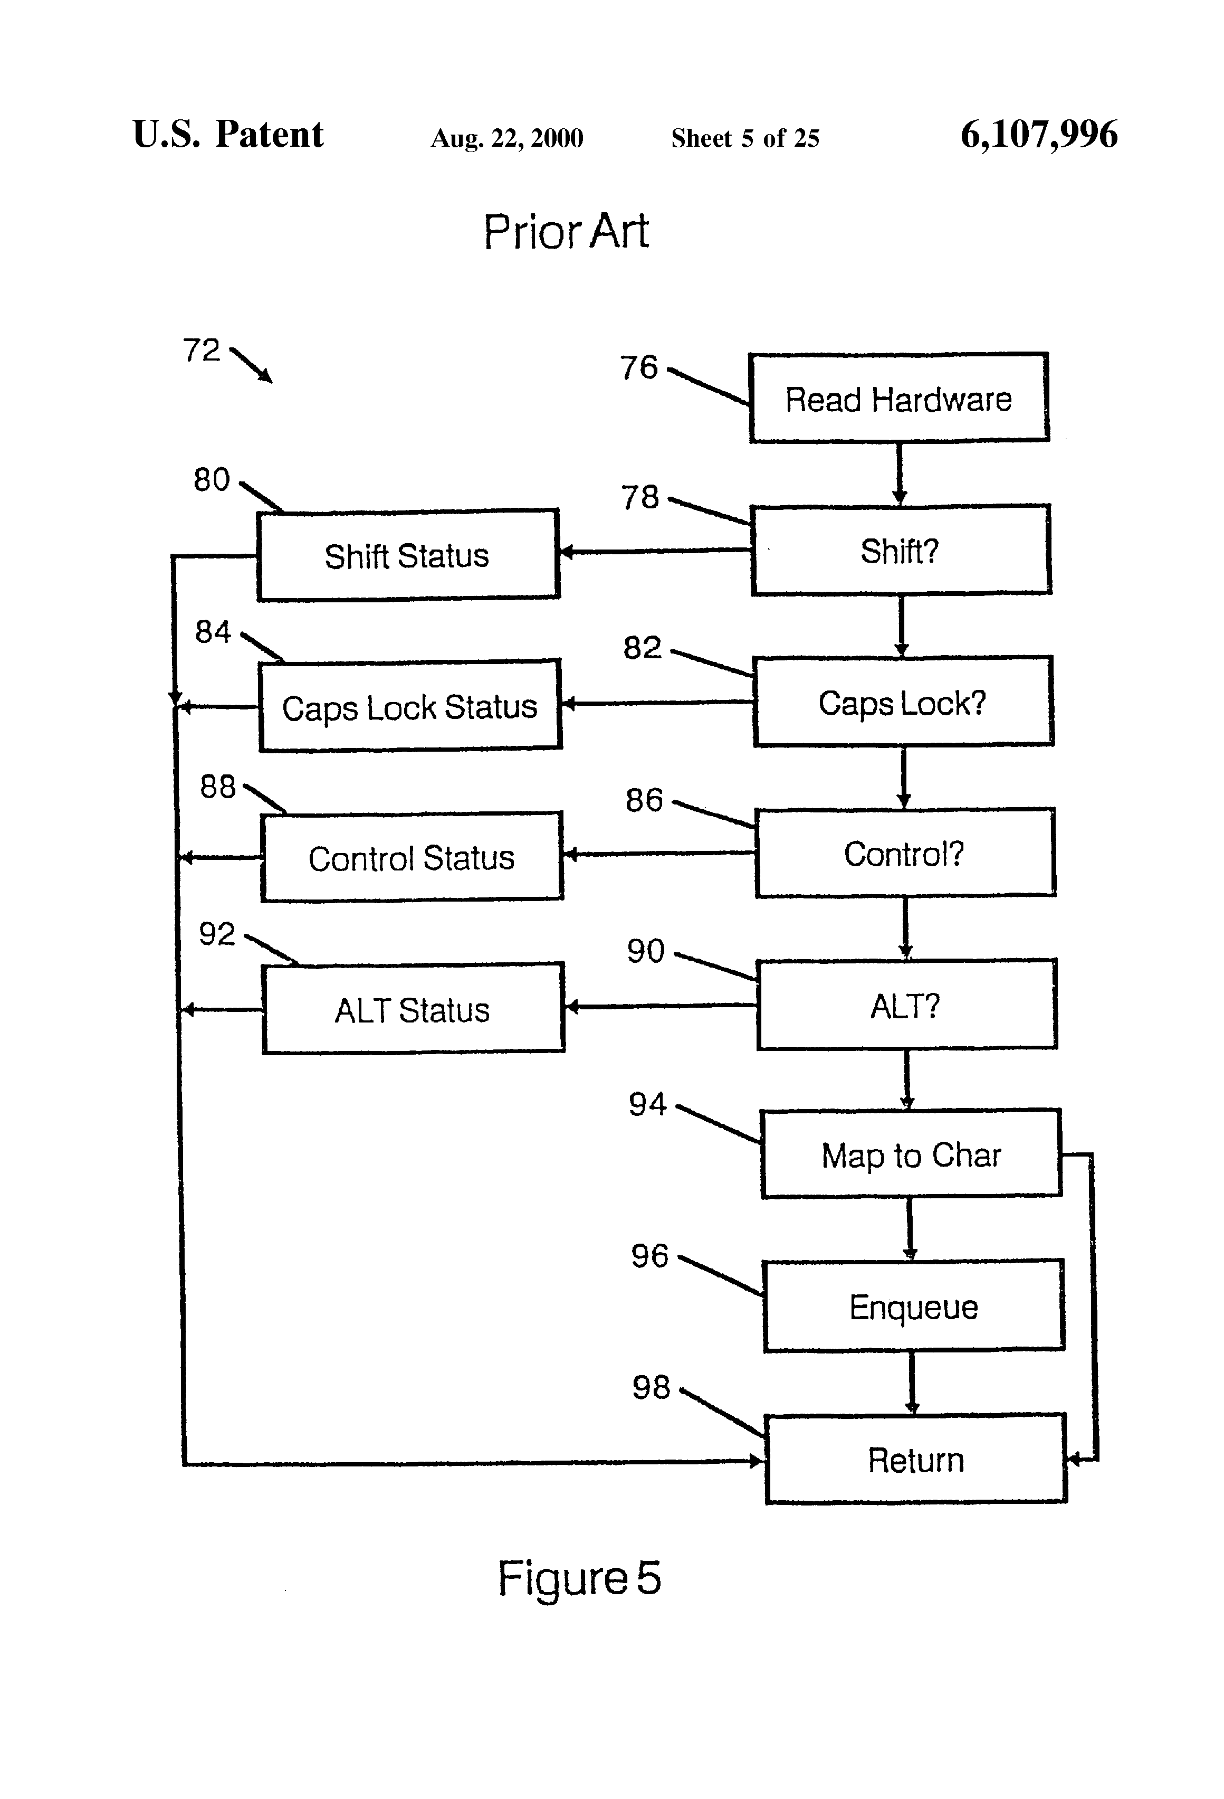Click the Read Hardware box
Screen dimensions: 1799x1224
pyautogui.click(x=898, y=399)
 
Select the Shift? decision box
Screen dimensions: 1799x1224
pyautogui.click(x=900, y=551)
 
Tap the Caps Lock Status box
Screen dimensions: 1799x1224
pyautogui.click(x=410, y=706)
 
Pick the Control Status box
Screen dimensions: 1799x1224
pyautogui.click(x=412, y=857)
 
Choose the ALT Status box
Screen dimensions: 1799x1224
pyautogui.click(x=413, y=1009)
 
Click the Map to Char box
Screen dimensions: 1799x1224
pyautogui.click(x=911, y=1154)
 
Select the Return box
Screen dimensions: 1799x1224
pyautogui.click(x=915, y=1459)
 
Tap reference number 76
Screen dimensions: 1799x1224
pyautogui.click(x=638, y=367)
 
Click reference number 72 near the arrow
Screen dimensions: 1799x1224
pyautogui.click(x=201, y=350)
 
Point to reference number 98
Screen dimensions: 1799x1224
pyautogui.click(x=651, y=1386)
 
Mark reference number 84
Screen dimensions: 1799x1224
pyautogui.click(x=213, y=632)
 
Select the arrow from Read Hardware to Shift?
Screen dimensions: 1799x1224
pyautogui.click(x=899, y=473)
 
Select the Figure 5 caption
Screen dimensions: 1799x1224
pyautogui.click(x=579, y=1578)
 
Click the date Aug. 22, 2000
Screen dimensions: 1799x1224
pyautogui.click(x=507, y=138)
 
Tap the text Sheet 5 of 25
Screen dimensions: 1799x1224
pyautogui.click(x=744, y=138)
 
